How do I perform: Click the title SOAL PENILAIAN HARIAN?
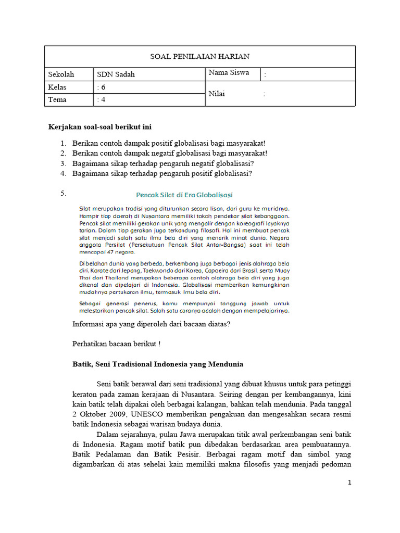[x=200, y=56]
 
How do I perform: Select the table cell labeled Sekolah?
[x=61, y=74]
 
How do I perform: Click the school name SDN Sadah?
[x=116, y=74]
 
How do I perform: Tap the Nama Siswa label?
[x=229, y=73]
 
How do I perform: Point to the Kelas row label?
[x=57, y=87]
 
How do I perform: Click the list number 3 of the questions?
[x=63, y=163]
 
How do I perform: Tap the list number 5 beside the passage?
[x=63, y=194]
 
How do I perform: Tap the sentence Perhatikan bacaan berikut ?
[x=116, y=345]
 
